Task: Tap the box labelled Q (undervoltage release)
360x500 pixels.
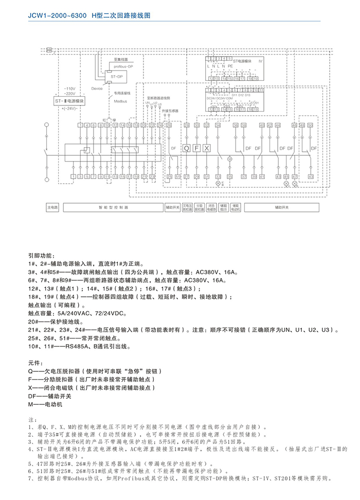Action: tap(187, 148)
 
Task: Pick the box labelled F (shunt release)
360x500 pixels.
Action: tap(197, 148)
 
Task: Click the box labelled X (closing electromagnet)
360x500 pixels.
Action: tap(207, 148)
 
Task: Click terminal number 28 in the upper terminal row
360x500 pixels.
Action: tap(187, 126)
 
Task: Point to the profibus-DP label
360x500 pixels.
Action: tap(123, 67)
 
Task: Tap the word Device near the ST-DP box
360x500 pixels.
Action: tap(97, 88)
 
